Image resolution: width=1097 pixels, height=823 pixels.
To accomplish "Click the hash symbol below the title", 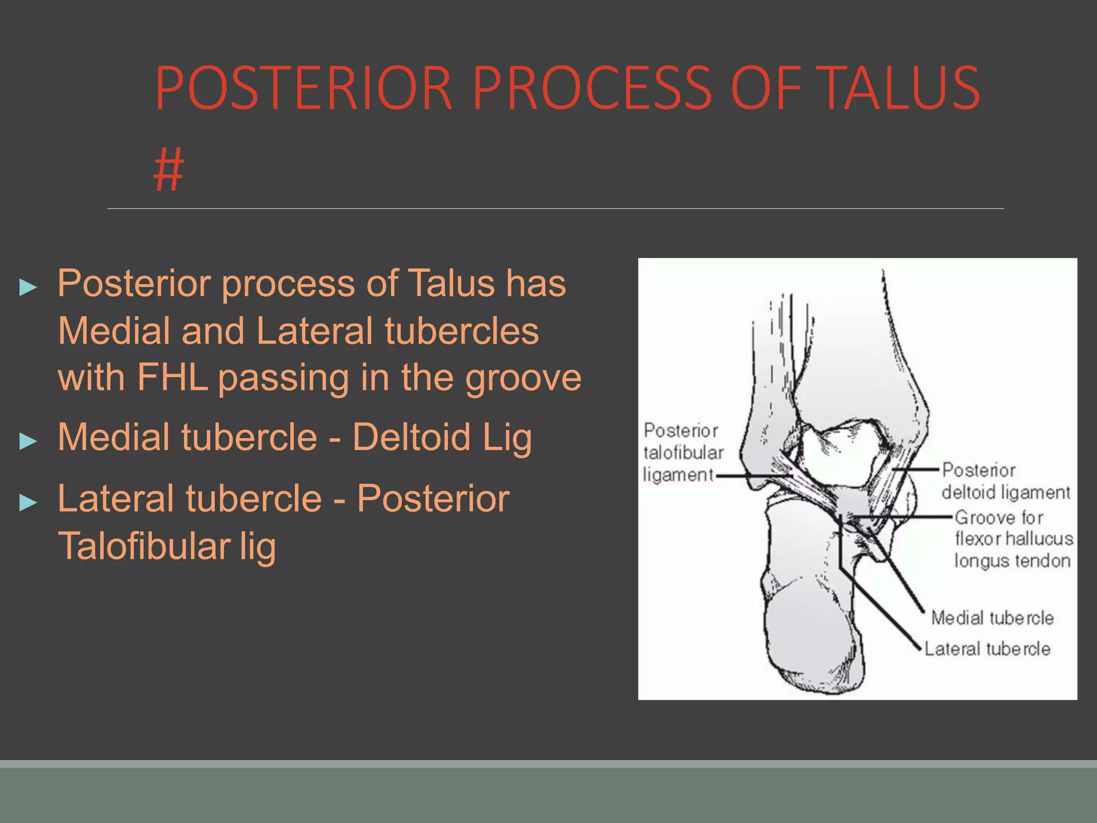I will click(168, 170).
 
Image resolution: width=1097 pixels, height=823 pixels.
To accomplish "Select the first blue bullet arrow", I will click(28, 287).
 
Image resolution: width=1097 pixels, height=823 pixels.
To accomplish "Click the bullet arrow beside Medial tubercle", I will click(28, 441).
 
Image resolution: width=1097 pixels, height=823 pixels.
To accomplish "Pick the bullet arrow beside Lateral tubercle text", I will click(28, 503).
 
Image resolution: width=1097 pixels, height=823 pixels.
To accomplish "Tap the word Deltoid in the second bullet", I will click(411, 437).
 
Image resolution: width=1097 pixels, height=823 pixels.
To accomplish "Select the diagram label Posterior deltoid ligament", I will click(1005, 481).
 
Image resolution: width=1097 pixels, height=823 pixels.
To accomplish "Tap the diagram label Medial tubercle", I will click(992, 618).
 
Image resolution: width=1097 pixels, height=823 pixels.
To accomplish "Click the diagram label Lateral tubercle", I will click(987, 649).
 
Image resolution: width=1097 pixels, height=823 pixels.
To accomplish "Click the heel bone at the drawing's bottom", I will click(814, 638).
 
